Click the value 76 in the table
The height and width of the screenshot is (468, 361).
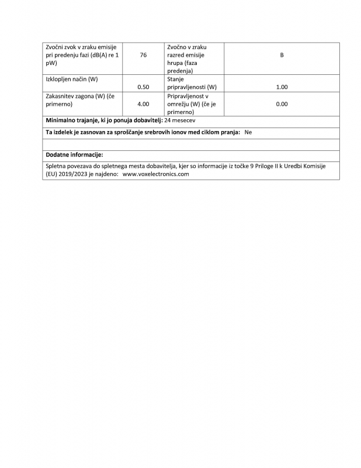point(143,56)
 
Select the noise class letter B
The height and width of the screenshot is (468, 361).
point(282,56)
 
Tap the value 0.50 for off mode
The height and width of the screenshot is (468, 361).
point(143,87)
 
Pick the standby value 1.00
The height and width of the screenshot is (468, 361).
point(282,87)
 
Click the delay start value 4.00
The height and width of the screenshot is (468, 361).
point(143,104)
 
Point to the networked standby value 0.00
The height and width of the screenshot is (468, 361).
point(282,104)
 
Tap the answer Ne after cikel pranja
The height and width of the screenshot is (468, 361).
point(248,132)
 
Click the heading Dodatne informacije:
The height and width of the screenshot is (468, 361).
point(74,155)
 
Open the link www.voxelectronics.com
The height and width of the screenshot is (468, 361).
point(156,174)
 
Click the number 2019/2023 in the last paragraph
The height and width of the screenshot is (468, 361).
point(72,174)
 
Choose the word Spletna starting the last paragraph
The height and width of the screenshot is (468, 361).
point(57,166)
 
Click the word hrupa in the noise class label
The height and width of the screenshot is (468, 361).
point(176,63)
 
